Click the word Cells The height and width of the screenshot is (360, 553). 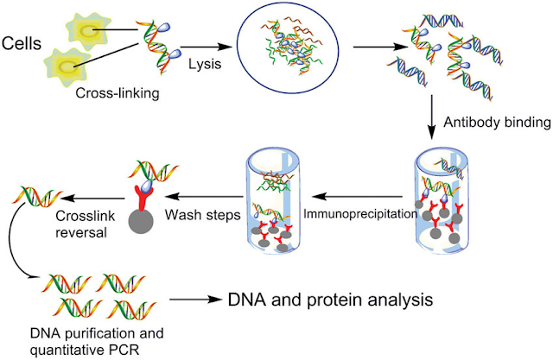(x=22, y=43)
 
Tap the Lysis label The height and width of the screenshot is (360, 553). (x=205, y=64)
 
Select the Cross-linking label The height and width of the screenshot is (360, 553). (x=118, y=93)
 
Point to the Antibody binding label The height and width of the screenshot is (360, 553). (x=497, y=123)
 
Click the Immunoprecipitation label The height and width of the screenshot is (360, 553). (x=360, y=214)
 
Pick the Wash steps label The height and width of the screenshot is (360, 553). (x=203, y=214)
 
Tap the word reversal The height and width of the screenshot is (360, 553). (x=81, y=232)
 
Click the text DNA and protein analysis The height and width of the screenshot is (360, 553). (x=330, y=300)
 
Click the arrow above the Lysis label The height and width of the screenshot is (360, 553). (x=206, y=47)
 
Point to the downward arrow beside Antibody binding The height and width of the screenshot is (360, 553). (x=431, y=117)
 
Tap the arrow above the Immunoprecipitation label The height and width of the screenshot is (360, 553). (x=357, y=196)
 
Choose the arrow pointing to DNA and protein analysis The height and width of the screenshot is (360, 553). (x=195, y=300)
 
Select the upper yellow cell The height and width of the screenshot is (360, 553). (x=86, y=31)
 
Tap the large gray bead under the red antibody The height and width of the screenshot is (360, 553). (x=141, y=221)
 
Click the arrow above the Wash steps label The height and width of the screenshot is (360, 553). (x=205, y=196)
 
